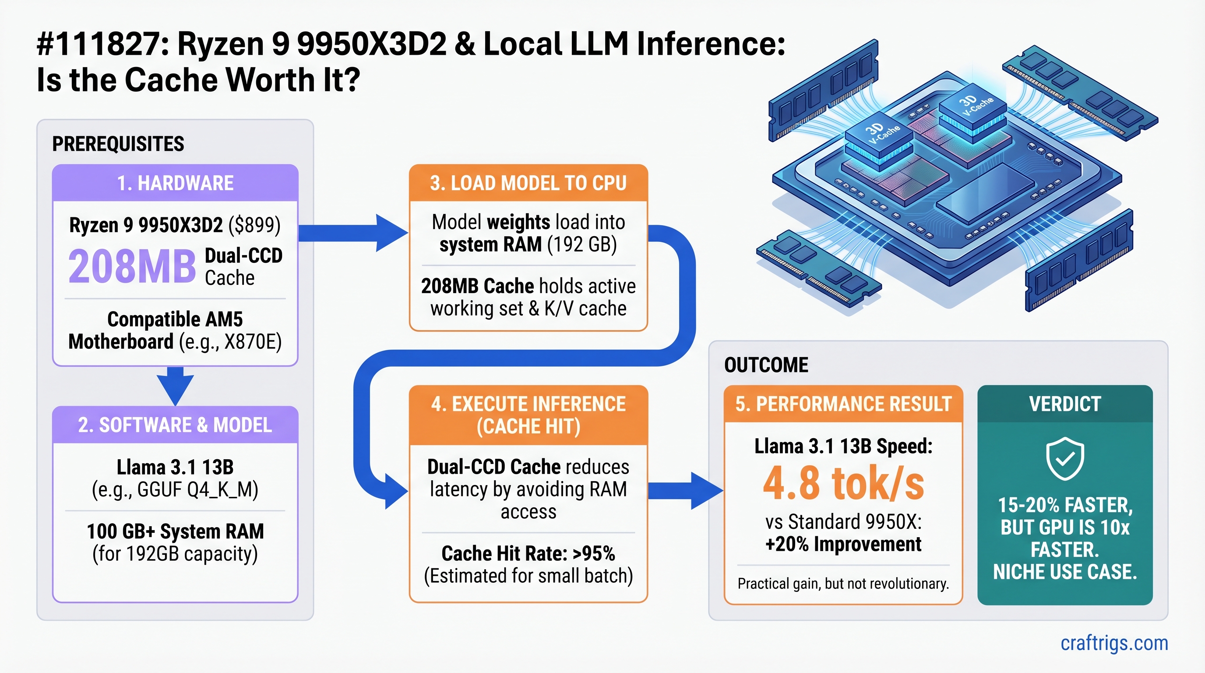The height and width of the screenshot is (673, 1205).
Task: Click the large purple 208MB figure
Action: tap(132, 267)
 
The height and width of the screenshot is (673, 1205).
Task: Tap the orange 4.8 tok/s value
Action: tap(843, 483)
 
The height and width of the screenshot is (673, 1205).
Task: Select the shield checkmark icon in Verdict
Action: tap(1065, 459)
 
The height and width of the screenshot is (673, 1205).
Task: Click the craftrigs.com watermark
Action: tap(1114, 643)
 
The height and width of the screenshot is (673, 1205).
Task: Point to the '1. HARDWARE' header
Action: tap(175, 183)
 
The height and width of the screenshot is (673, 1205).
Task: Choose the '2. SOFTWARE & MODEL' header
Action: tap(175, 425)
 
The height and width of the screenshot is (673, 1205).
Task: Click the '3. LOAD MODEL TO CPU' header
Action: tap(528, 183)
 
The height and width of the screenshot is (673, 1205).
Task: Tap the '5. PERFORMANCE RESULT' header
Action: tap(843, 404)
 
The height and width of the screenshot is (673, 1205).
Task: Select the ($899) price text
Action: tap(254, 225)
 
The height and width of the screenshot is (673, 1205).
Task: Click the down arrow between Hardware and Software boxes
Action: tap(175, 386)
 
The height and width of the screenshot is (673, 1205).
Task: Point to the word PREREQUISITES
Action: tap(118, 144)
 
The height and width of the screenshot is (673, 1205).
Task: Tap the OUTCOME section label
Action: tap(766, 365)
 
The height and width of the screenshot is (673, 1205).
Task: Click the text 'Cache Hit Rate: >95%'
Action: tap(528, 554)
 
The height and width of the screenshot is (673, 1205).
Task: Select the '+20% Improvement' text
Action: tap(843, 544)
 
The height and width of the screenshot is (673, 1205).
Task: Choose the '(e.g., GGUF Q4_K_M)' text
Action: tap(175, 490)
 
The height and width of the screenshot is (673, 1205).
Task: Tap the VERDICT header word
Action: tap(1065, 404)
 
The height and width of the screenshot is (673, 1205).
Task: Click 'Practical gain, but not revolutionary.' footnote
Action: tap(843, 584)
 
